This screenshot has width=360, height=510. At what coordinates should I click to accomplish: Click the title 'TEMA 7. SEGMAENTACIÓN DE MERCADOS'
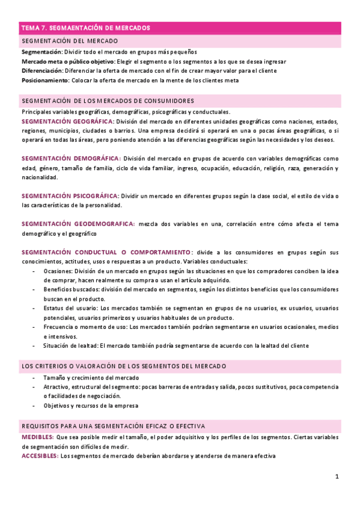(85, 28)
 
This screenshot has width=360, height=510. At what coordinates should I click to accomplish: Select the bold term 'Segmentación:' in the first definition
(41, 52)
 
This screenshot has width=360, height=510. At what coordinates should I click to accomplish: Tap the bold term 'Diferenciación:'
(44, 70)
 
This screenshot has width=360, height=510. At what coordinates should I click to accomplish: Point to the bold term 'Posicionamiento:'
(46, 80)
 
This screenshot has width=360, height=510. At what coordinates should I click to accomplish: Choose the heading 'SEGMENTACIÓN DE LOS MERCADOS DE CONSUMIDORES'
(108, 100)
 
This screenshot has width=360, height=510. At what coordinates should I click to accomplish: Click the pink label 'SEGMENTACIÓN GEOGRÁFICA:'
(68, 121)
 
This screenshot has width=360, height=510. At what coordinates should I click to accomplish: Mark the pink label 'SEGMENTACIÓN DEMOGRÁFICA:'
(70, 159)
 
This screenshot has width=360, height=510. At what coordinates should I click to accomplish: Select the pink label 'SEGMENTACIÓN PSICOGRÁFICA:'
(70, 196)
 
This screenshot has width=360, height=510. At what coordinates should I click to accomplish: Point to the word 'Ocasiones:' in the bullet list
(58, 271)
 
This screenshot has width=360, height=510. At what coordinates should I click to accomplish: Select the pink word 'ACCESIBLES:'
(40, 456)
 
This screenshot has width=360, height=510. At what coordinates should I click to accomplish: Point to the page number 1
(337, 477)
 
